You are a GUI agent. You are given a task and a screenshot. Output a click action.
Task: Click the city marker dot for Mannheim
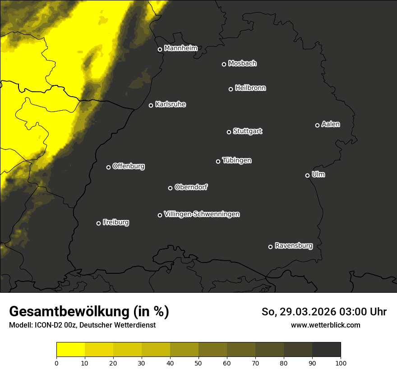(160, 50)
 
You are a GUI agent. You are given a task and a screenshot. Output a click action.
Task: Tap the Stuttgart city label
(247, 131)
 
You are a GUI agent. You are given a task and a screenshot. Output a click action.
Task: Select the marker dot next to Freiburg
(98, 223)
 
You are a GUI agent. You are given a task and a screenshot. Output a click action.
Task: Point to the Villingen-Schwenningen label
(202, 214)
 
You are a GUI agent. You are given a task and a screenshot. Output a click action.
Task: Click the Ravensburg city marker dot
(270, 247)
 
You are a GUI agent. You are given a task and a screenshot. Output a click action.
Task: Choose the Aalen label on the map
(331, 124)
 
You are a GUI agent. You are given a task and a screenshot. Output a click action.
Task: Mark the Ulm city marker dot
(307, 175)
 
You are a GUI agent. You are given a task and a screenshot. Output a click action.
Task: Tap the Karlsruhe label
(170, 104)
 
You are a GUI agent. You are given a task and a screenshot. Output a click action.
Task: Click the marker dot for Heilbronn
(231, 89)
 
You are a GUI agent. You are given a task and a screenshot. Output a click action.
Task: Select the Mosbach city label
(242, 64)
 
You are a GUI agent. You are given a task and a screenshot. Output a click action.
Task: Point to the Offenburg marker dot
(108, 167)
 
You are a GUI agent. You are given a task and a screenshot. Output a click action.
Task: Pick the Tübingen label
(237, 160)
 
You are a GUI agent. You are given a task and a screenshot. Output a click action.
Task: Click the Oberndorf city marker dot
(170, 188)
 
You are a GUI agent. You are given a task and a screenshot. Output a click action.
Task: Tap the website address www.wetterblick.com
(325, 325)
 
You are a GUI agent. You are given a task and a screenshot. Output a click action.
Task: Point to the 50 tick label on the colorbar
(198, 362)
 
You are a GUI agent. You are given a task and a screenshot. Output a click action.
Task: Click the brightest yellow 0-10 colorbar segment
(70, 350)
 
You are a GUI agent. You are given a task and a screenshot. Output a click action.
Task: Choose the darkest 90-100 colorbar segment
(326, 350)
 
